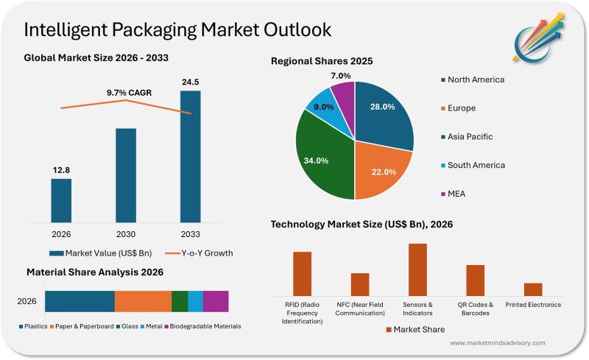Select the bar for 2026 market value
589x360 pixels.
point(61,200)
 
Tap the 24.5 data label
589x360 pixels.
point(190,82)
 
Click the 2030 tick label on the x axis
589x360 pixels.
point(126,234)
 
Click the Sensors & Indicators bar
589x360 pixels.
point(417,269)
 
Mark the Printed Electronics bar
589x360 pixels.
point(533,289)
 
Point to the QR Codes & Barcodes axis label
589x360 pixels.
point(475,308)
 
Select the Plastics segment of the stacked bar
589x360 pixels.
point(80,301)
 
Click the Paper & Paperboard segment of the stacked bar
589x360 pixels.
point(143,301)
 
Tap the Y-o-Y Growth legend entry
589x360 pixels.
point(198,253)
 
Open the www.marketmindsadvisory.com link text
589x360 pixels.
point(497,343)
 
